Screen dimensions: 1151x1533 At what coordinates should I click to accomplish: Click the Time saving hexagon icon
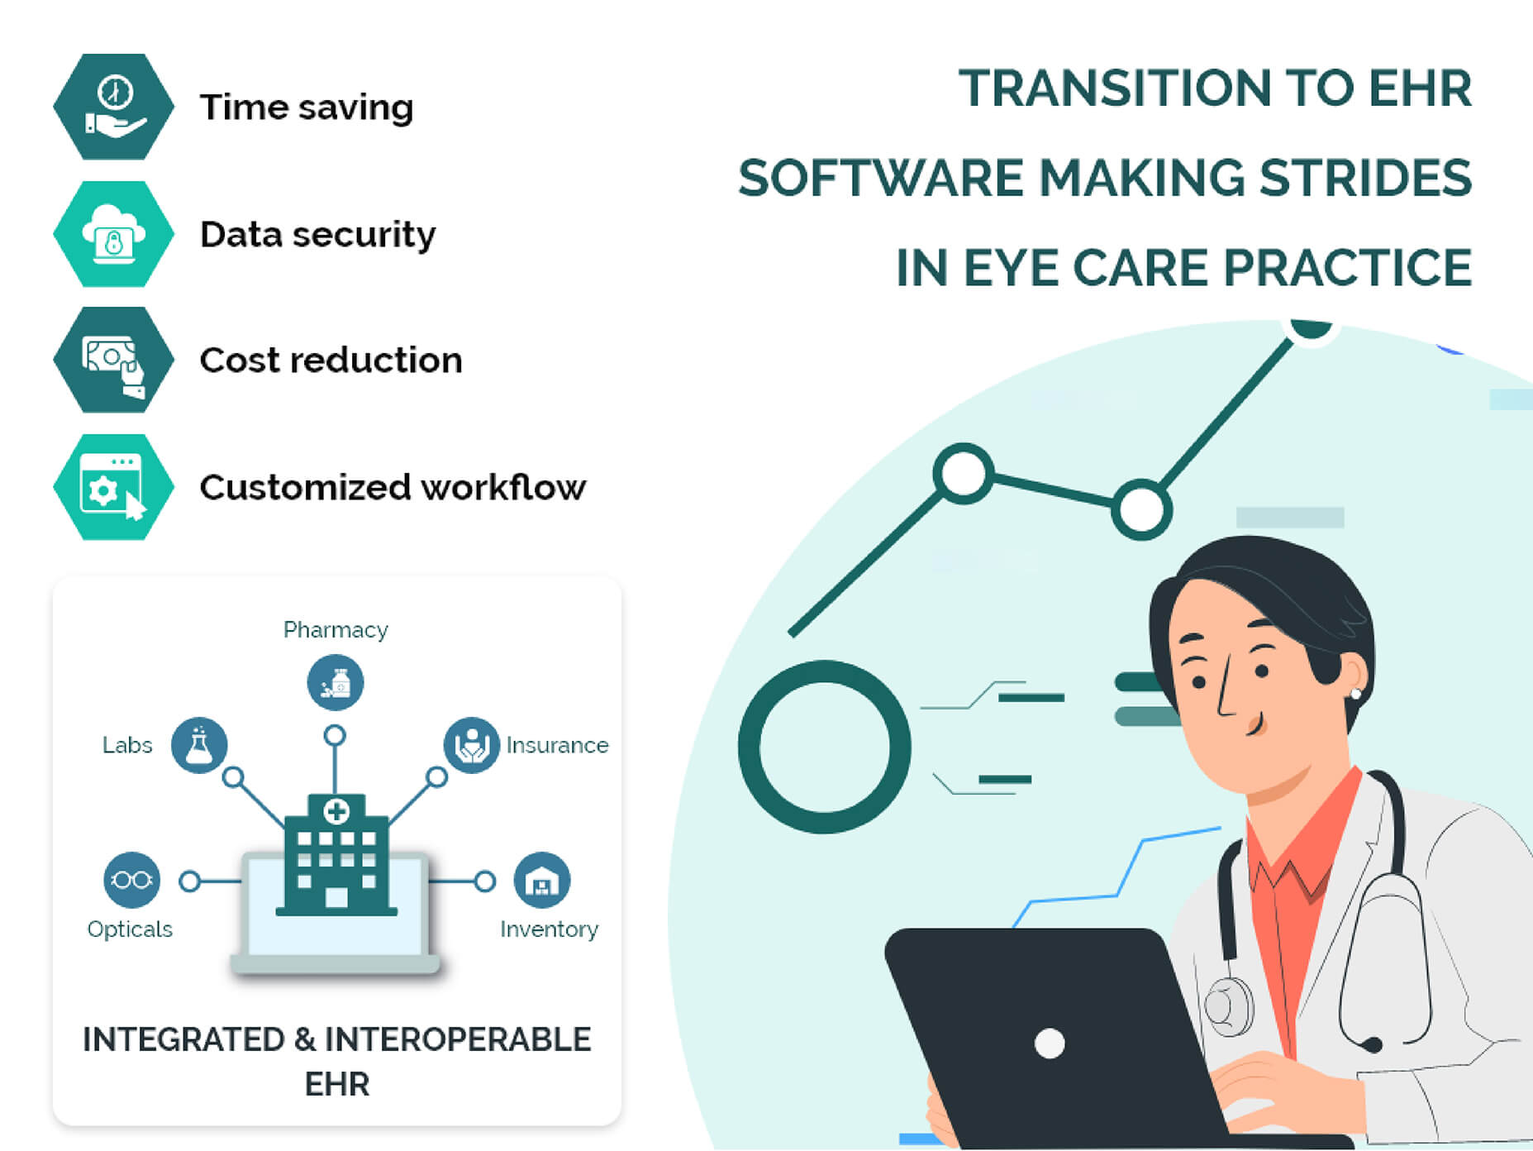pyautogui.click(x=114, y=107)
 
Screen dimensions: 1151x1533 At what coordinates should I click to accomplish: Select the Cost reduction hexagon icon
pyautogui.click(x=114, y=361)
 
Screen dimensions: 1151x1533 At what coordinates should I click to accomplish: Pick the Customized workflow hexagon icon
pyautogui.click(x=114, y=488)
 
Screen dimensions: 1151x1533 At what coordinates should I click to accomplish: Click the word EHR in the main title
pyautogui.click(x=1419, y=88)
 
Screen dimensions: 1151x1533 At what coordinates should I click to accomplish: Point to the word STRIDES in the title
pyautogui.click(x=1364, y=178)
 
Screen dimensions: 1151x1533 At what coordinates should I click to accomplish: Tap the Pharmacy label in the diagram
pyautogui.click(x=336, y=630)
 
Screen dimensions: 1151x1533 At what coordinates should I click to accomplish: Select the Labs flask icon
pyautogui.click(x=198, y=745)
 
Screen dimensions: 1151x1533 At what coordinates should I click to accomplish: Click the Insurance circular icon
pyautogui.click(x=471, y=745)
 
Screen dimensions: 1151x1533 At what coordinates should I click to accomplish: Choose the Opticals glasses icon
pyautogui.click(x=131, y=880)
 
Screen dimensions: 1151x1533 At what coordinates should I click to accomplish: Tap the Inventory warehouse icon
pyautogui.click(x=541, y=881)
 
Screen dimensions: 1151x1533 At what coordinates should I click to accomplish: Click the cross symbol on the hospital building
pyautogui.click(x=336, y=811)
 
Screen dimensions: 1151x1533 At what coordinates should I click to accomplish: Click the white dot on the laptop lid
pyautogui.click(x=1049, y=1043)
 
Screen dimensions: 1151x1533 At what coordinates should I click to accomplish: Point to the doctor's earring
pyautogui.click(x=1354, y=693)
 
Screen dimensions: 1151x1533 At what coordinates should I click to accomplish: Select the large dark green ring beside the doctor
pyautogui.click(x=823, y=747)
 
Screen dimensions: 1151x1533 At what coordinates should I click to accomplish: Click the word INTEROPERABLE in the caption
pyautogui.click(x=457, y=1039)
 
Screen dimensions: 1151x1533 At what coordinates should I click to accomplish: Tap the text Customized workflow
pyautogui.click(x=393, y=488)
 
